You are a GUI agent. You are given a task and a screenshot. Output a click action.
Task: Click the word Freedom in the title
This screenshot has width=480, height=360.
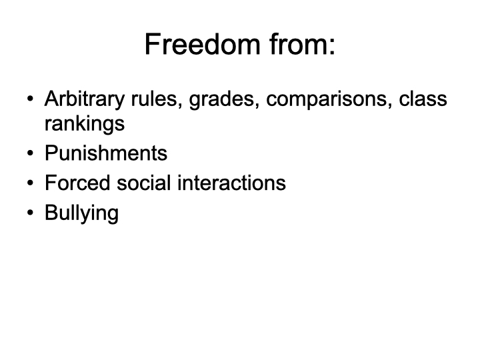tap(203, 44)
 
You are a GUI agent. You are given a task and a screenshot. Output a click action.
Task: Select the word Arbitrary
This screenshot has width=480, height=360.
tap(85, 100)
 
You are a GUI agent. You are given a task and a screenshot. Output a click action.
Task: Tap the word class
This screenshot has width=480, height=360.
tap(423, 99)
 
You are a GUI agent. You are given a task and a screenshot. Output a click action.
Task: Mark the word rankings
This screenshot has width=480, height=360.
tap(85, 124)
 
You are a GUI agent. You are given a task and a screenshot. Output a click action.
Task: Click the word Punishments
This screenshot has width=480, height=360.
tap(106, 153)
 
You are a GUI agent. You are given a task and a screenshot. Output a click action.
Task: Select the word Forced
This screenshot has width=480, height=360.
tap(77, 183)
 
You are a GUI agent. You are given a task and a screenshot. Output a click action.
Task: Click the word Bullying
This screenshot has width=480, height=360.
tap(81, 213)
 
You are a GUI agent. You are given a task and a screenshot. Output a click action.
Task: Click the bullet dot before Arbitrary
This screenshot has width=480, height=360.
tap(30, 99)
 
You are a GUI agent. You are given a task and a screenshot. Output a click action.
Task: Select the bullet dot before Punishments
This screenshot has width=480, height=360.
tap(30, 153)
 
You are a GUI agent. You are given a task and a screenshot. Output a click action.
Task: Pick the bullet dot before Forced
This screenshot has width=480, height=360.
tap(30, 183)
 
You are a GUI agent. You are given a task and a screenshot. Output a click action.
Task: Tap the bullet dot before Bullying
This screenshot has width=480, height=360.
tap(30, 213)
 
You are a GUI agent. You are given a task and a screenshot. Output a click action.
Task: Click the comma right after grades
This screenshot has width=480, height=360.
tap(257, 106)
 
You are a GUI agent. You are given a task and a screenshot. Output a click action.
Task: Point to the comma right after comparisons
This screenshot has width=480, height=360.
tap(390, 106)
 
